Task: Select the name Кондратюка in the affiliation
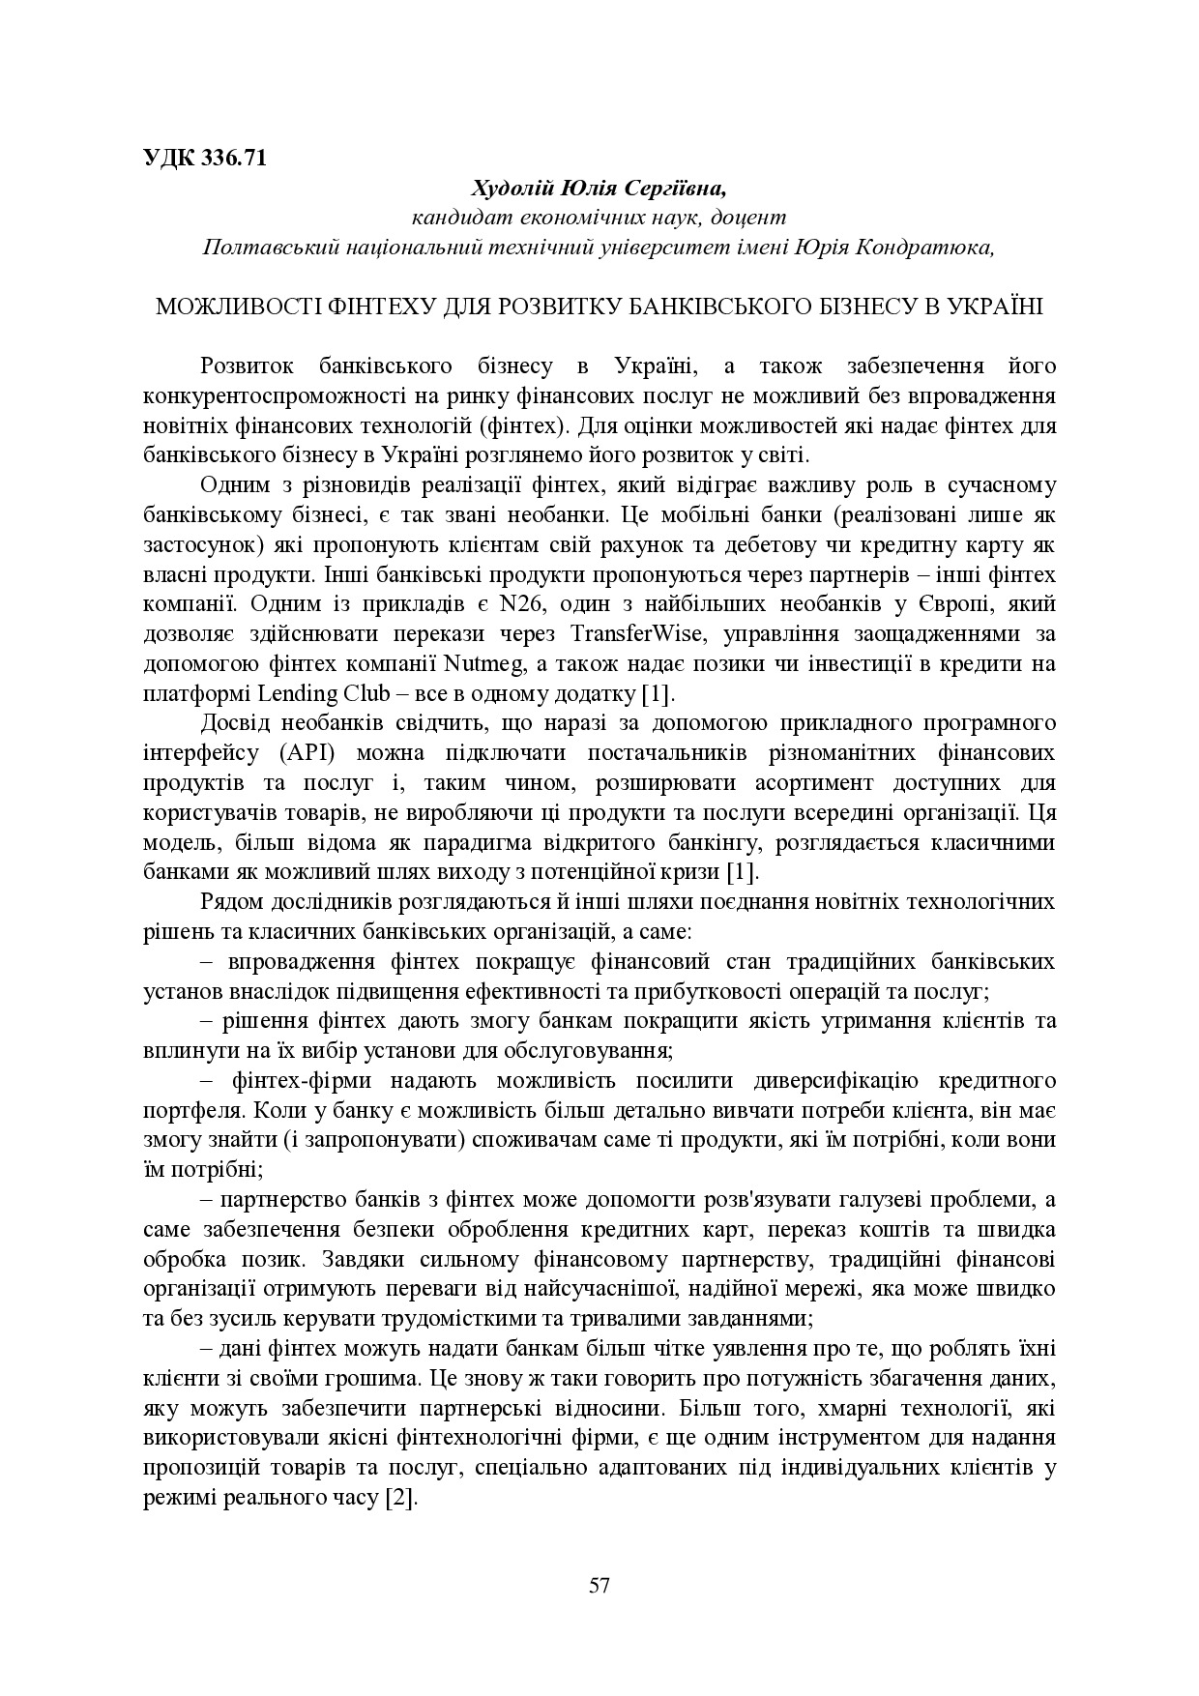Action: click(927, 247)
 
